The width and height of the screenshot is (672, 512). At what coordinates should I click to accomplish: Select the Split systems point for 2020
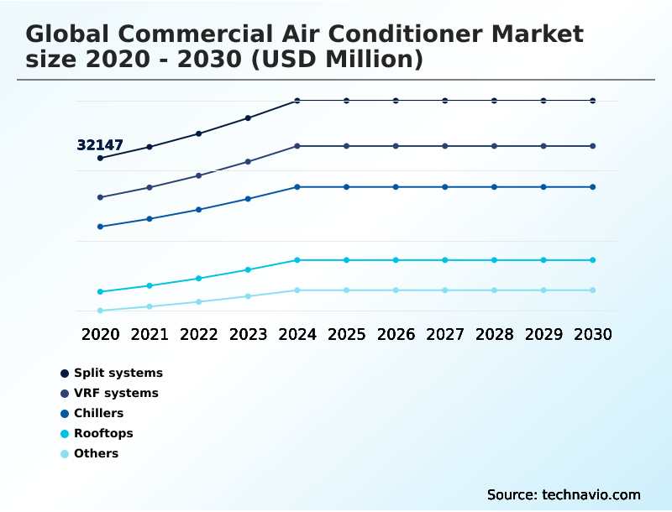coord(100,158)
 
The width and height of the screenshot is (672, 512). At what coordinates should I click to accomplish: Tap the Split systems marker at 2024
coord(297,101)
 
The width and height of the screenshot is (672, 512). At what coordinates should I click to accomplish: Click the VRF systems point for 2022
coord(199,175)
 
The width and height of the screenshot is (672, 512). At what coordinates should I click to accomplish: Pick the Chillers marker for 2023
coord(248,199)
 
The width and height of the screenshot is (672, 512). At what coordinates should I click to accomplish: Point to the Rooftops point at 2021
coord(150,285)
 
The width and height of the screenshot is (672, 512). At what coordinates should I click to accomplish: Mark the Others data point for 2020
coord(100,311)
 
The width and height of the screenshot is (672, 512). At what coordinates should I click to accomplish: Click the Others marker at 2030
coord(593,290)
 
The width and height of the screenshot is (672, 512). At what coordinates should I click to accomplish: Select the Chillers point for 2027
coord(445,186)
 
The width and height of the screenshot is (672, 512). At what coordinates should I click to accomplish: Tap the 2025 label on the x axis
coord(346,335)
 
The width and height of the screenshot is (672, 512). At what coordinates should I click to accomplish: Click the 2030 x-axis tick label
coord(593,335)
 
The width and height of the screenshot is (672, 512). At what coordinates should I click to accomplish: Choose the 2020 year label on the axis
coord(100,335)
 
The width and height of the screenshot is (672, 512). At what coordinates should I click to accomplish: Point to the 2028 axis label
coord(494,335)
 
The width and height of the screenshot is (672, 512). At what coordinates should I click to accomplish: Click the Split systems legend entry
coord(118,373)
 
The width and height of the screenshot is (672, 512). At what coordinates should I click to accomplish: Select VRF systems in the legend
coord(116,393)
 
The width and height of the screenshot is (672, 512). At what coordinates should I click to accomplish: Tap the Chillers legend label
coord(98,413)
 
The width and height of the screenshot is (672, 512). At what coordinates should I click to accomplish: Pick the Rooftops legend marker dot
coord(65,434)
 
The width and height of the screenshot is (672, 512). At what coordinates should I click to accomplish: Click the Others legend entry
coord(96,454)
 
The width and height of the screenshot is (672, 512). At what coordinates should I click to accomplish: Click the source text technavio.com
coord(590,494)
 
